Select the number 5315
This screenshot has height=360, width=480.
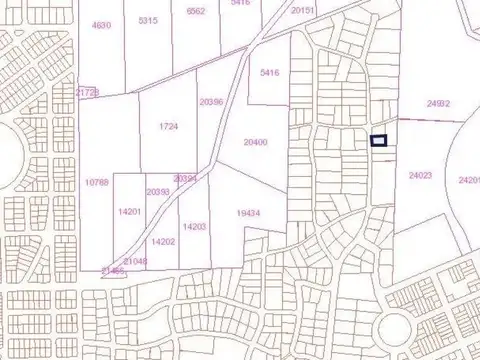(148, 20)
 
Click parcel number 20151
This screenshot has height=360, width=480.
(303, 9)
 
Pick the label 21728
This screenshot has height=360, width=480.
(88, 92)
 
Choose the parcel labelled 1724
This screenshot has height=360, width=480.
(168, 127)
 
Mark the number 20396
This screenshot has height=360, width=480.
(211, 101)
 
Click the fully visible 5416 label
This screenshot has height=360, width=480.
(269, 73)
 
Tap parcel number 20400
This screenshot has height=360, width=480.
(255, 142)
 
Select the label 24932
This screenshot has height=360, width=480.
(438, 103)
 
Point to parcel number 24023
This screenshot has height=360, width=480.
(420, 175)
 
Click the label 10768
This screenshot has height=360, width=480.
(96, 182)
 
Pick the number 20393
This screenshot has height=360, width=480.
(157, 191)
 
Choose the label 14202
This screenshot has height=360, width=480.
(163, 241)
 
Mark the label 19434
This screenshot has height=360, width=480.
(249, 212)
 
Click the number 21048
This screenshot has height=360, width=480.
(135, 261)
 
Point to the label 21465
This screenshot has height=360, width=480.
(113, 271)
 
